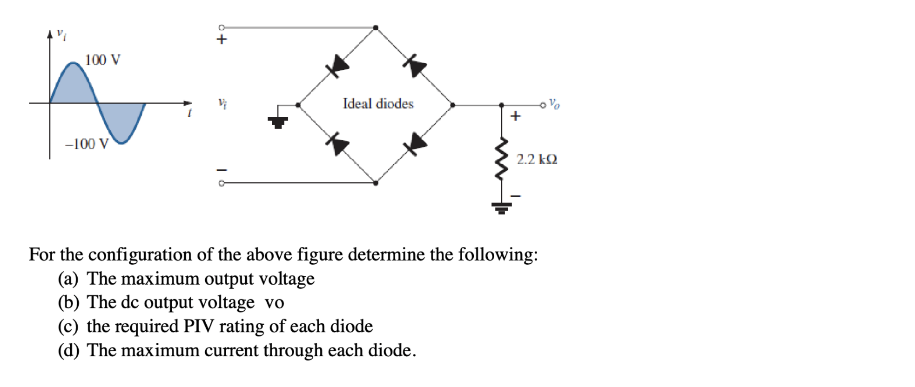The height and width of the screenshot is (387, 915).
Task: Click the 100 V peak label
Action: (x=102, y=60)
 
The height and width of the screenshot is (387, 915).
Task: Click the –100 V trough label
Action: (x=87, y=144)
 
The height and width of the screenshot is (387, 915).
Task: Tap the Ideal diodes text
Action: (x=378, y=104)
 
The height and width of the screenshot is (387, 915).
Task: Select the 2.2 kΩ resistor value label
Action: (x=537, y=160)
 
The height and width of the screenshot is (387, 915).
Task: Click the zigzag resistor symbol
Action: (x=501, y=159)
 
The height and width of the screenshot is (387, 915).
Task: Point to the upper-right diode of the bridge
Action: (x=414, y=65)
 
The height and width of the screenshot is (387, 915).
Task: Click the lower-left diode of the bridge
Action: (x=337, y=144)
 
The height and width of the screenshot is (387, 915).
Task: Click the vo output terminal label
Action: (x=554, y=103)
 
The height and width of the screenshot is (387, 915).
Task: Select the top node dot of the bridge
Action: (x=376, y=28)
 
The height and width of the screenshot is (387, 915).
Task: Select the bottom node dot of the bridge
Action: (x=376, y=183)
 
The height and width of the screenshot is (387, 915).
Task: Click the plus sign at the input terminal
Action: (x=222, y=40)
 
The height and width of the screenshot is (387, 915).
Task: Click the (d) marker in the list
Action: (x=68, y=350)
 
